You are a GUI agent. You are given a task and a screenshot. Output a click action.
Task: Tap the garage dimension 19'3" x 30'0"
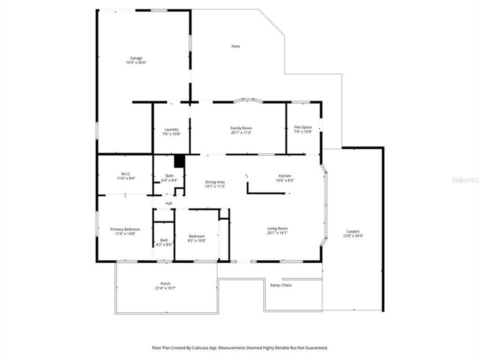(136, 63)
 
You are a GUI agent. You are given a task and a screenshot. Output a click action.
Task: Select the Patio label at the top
(235, 46)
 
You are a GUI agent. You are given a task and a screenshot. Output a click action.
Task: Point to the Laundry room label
(171, 129)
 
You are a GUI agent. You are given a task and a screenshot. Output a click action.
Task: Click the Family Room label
(241, 128)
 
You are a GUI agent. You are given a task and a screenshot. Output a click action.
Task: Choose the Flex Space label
(303, 127)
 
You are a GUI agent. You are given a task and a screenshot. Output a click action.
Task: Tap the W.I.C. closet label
(125, 173)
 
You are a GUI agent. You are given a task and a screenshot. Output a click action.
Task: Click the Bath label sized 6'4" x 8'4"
(170, 175)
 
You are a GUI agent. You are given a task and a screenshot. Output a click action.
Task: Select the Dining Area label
(215, 181)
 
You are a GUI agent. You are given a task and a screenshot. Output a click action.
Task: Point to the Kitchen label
(285, 175)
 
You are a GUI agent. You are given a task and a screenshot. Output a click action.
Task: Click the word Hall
(169, 203)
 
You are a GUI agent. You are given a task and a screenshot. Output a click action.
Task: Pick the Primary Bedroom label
(125, 229)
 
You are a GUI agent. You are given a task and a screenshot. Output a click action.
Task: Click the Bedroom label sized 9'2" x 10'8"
(196, 236)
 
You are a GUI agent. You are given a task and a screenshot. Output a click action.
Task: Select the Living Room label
(277, 228)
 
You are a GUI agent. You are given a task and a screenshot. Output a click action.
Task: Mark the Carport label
(353, 231)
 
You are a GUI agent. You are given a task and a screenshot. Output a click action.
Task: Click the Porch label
(165, 283)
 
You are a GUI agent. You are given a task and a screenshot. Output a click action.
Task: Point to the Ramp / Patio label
(280, 285)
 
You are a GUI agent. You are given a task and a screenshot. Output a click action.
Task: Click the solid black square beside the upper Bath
(179, 161)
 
